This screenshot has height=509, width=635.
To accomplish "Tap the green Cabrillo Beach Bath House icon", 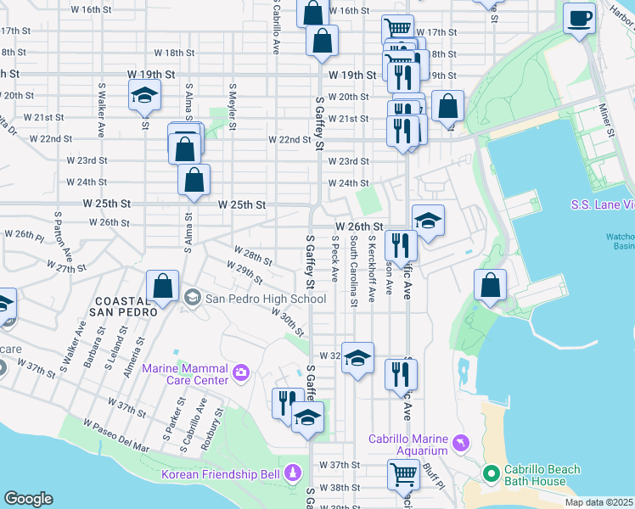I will (490, 473).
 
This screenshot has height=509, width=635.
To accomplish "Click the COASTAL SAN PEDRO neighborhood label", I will (126, 306).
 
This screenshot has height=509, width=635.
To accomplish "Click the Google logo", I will (28, 499).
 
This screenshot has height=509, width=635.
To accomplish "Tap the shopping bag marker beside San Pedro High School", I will (162, 287).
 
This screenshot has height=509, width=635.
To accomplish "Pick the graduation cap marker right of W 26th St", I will (429, 220).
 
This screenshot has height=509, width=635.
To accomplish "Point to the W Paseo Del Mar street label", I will (115, 434).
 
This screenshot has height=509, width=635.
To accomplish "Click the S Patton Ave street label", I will (65, 236).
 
